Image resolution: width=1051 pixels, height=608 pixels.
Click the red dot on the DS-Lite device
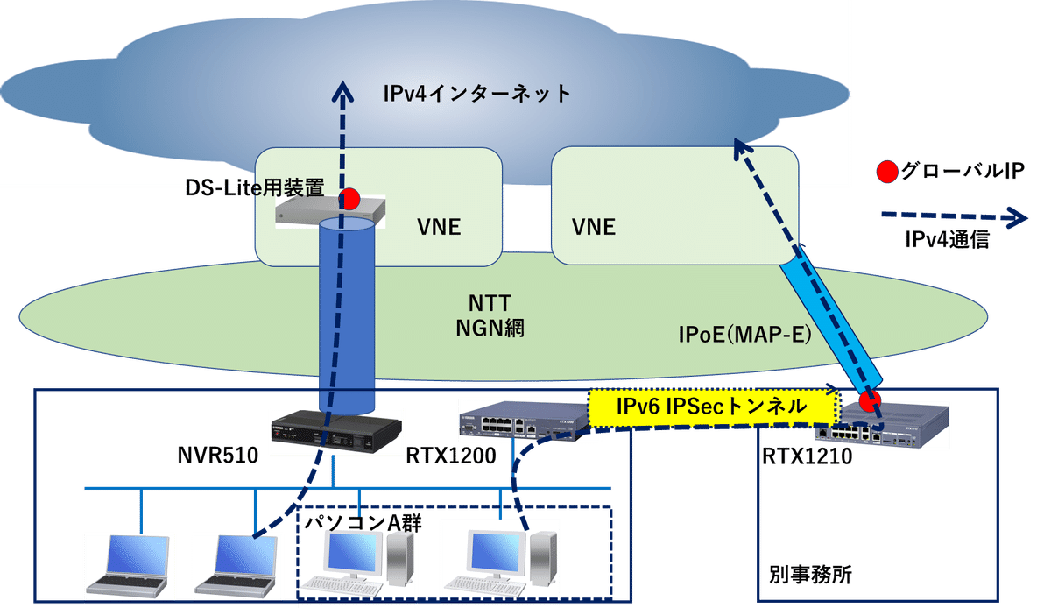point(350,198)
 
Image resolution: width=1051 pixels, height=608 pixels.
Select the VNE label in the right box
point(593,228)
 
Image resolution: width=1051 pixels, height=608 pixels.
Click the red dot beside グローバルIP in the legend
point(886,173)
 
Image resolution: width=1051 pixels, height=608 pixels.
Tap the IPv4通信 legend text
point(947,241)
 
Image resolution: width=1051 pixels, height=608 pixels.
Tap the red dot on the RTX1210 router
point(869,401)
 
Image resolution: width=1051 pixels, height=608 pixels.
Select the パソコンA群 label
point(363,523)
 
